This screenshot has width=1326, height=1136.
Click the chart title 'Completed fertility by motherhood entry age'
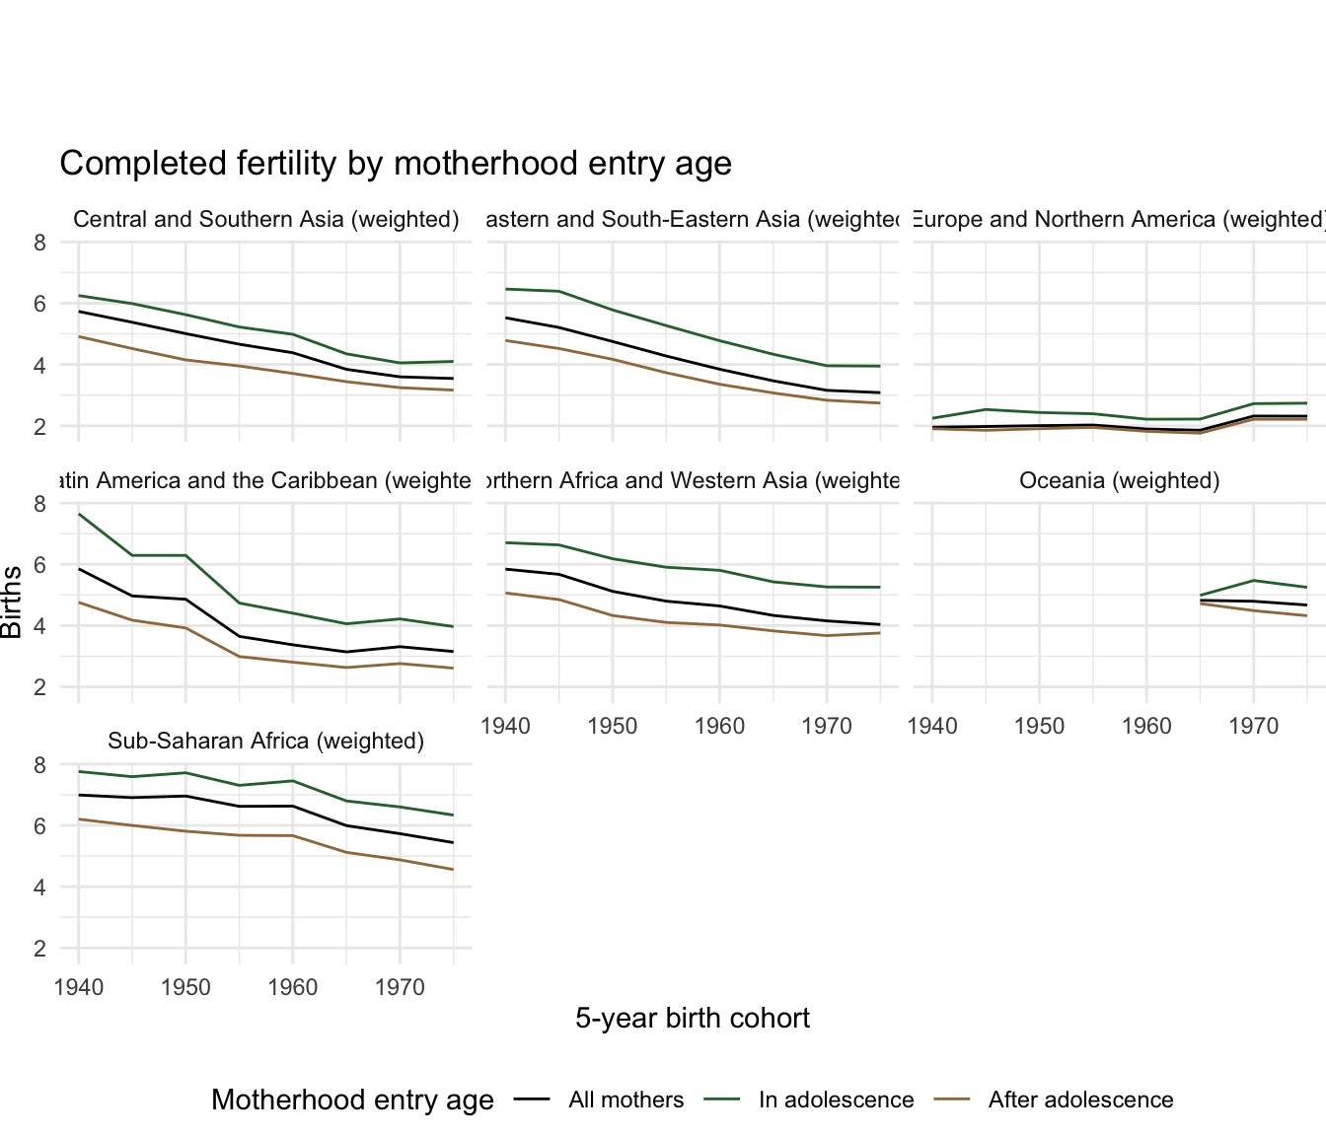(396, 164)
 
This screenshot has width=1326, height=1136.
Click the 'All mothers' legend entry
(626, 1100)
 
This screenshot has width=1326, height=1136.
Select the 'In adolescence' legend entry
(836, 1100)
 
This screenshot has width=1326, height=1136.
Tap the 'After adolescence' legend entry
(1080, 1100)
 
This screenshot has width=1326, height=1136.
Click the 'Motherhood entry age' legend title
(352, 1100)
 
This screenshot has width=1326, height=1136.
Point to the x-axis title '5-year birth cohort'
(692, 1018)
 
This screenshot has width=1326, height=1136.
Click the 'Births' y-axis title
(12, 602)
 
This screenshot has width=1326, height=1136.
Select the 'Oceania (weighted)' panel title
(1119, 480)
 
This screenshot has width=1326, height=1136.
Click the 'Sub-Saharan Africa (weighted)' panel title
(265, 741)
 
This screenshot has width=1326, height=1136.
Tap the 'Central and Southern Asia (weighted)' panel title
(266, 219)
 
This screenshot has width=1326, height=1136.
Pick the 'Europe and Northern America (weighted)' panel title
(1119, 219)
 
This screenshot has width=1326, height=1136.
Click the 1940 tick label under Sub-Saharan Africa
(79, 987)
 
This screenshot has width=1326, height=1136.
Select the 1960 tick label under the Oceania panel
(1146, 727)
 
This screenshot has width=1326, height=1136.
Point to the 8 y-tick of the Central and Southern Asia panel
(39, 243)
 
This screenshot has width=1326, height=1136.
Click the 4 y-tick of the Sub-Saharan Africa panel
(39, 887)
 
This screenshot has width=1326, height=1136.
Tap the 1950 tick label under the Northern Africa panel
(613, 727)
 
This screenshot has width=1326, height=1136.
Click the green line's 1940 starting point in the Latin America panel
(79, 515)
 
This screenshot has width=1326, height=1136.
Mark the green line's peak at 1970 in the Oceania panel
(1253, 580)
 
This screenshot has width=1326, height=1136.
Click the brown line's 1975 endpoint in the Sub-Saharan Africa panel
(453, 869)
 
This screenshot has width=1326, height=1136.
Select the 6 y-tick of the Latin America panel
(39, 565)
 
